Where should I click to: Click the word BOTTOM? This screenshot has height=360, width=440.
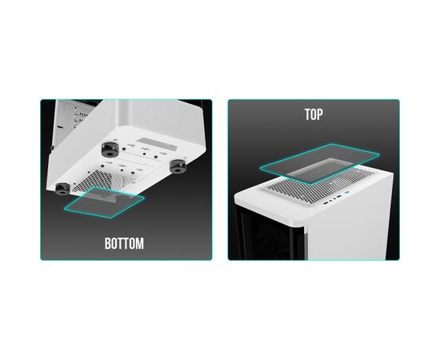click(124, 243)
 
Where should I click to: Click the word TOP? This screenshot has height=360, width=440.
click(314, 114)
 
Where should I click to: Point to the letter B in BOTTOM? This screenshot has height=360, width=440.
click(108, 243)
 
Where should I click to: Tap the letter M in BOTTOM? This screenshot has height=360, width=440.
click(140, 243)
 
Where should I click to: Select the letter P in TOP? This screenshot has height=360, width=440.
click(320, 114)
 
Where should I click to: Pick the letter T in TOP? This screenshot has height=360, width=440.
click(307, 114)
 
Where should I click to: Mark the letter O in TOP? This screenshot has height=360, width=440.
click(314, 114)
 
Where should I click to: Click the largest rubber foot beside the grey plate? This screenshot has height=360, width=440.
click(110, 150)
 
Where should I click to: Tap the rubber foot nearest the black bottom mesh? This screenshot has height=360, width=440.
click(62, 189)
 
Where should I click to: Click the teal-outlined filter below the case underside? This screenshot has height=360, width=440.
click(104, 202)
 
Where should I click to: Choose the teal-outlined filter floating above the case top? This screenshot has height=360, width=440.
click(320, 163)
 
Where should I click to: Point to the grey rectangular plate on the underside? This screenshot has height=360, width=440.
click(157, 144)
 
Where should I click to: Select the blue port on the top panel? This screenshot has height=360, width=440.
click(348, 193)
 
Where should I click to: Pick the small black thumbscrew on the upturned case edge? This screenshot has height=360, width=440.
click(52, 147)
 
